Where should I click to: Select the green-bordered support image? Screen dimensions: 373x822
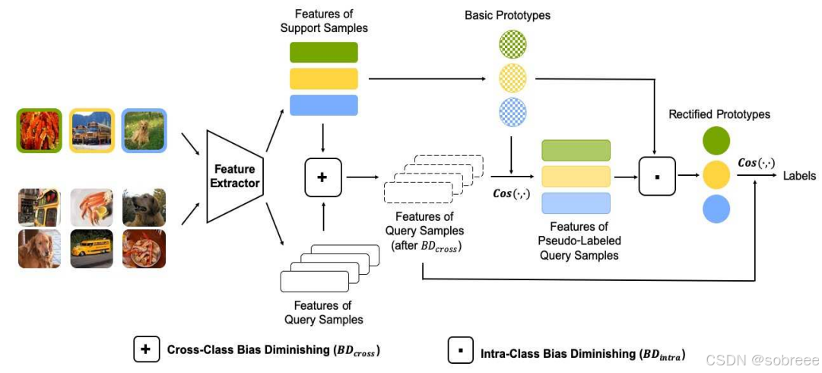click(39, 130)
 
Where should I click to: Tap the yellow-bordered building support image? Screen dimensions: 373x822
click(91, 130)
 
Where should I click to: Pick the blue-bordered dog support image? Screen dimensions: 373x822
click(143, 130)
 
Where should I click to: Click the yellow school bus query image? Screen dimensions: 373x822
click(91, 249)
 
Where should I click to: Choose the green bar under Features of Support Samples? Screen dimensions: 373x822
click(323, 52)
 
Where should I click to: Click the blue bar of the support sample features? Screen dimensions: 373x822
click(323, 105)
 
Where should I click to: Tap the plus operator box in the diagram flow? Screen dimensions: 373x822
click(322, 177)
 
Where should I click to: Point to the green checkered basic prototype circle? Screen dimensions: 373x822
click(512, 45)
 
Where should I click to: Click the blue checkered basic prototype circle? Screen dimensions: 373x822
click(512, 112)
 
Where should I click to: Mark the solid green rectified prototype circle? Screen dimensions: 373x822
click(717, 141)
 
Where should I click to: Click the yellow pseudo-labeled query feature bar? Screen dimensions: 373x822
click(576, 177)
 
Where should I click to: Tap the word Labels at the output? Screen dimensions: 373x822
click(798, 176)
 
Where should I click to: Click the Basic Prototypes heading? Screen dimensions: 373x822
click(507, 15)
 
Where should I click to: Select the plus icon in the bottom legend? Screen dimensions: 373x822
click(144, 349)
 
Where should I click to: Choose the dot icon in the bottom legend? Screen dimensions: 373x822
click(460, 352)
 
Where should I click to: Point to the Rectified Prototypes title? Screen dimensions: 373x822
click(719, 114)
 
